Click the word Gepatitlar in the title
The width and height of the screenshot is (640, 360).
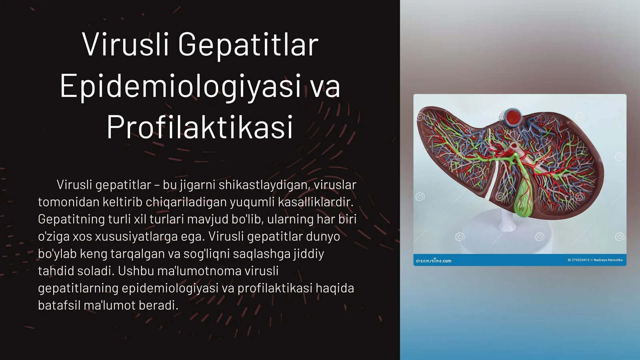click(248, 45)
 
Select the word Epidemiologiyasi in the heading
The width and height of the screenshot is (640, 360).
click(180, 86)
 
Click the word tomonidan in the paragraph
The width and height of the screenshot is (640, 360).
click(68, 202)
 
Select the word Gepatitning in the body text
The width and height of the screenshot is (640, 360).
click(71, 219)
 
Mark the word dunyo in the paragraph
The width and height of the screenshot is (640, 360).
click(323, 236)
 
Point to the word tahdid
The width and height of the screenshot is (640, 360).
click(56, 271)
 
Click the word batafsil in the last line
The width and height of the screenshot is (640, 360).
click(59, 305)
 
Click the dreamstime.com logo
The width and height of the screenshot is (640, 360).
click(434, 261)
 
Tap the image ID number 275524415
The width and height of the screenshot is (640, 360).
click(578, 260)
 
